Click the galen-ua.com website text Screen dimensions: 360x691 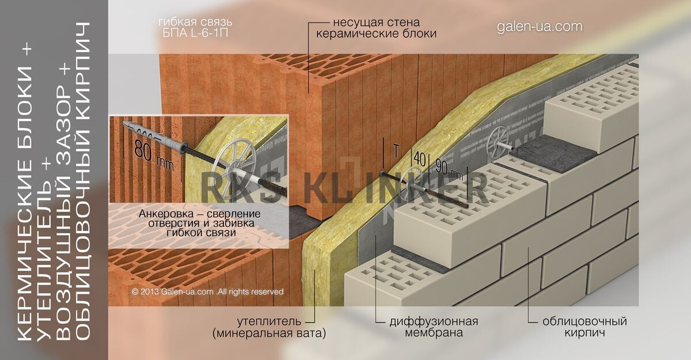pyautogui.click(x=539, y=27)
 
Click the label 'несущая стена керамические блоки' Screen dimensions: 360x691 pyautogui.click(x=375, y=28)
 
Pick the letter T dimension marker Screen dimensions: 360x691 pyautogui.click(x=395, y=151)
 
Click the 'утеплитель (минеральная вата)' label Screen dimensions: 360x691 pyautogui.click(x=269, y=327)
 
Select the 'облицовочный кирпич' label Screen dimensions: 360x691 pyautogui.click(x=584, y=327)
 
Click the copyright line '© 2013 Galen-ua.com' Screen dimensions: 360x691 pyautogui.click(x=207, y=292)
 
